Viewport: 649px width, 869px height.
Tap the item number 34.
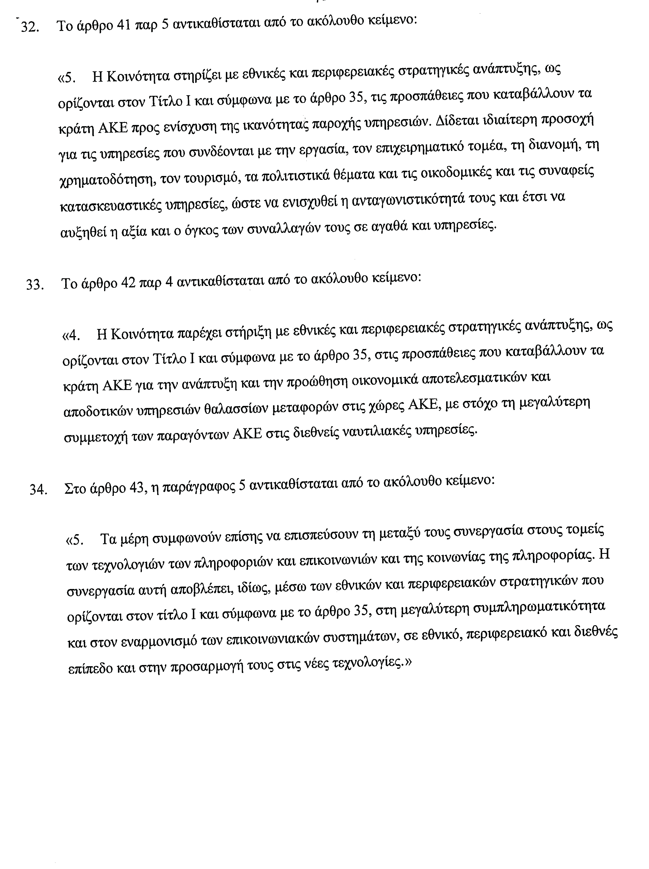38,490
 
